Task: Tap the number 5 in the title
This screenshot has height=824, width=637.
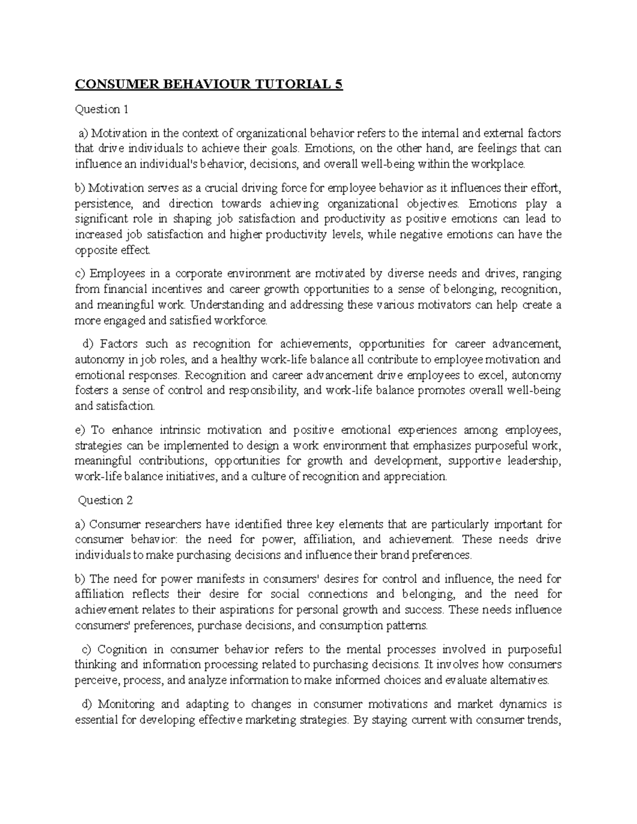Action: click(x=339, y=85)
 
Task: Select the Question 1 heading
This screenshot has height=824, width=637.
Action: click(x=102, y=109)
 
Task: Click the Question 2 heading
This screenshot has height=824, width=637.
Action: click(x=106, y=500)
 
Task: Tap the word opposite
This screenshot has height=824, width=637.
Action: click(x=93, y=250)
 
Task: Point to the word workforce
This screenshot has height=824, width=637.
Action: click(x=243, y=320)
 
